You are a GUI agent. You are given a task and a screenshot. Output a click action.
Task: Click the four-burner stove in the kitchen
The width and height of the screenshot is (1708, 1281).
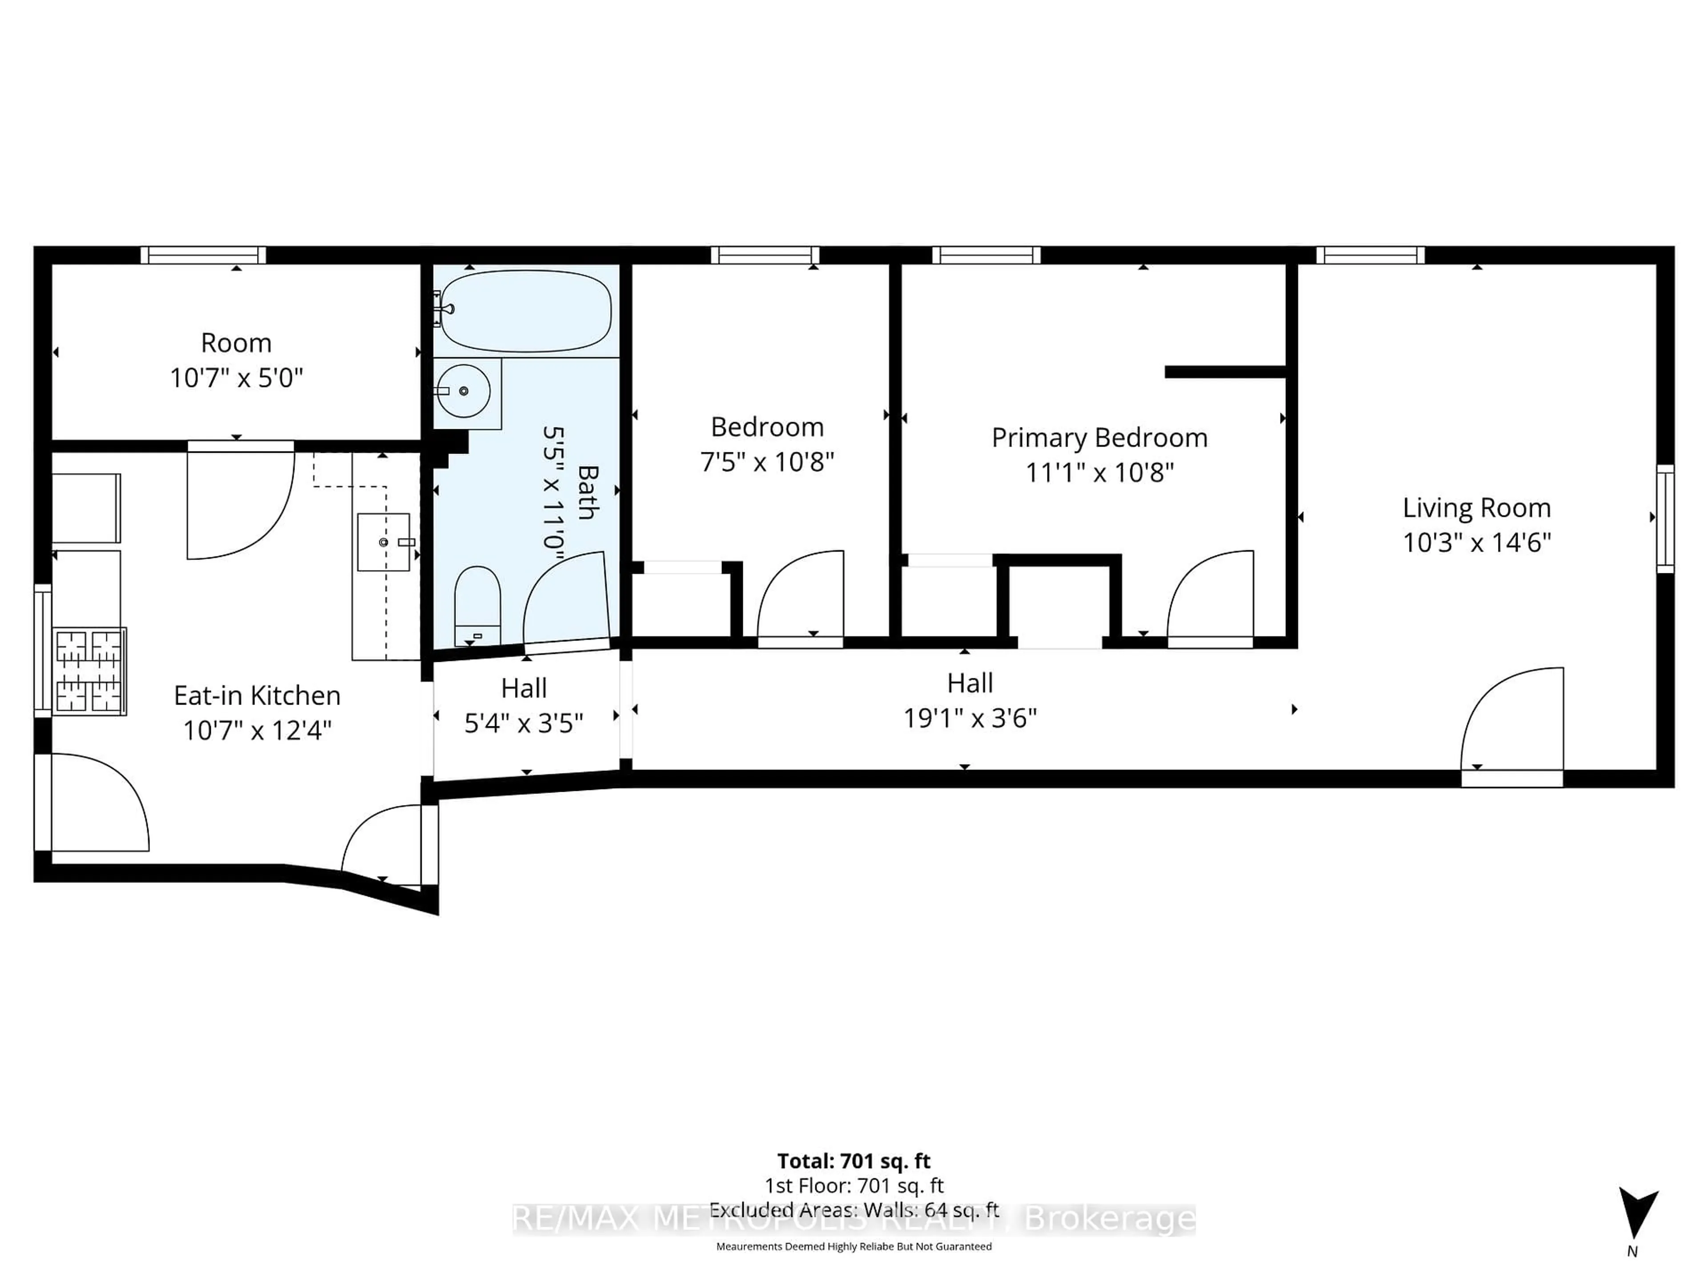[89, 670]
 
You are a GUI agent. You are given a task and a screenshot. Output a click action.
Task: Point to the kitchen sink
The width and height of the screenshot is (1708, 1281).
[384, 542]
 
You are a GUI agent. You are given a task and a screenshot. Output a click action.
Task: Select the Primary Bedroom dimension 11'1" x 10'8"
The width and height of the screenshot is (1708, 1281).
[1100, 472]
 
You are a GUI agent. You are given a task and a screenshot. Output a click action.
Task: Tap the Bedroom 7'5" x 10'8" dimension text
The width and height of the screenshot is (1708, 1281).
[767, 462]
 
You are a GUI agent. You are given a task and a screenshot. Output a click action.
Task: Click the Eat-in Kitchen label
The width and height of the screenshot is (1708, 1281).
[257, 695]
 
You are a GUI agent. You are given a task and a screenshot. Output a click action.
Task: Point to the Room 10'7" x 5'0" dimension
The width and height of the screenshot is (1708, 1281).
[236, 378]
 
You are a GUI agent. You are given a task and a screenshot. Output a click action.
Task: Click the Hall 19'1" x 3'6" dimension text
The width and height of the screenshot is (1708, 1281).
[970, 718]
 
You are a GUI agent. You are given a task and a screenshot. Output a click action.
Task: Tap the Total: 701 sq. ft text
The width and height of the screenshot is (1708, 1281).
[853, 1160]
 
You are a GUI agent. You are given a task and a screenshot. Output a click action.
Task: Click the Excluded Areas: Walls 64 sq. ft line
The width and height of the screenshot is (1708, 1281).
[853, 1210]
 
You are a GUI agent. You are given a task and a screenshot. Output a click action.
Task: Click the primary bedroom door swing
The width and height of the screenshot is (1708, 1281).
[1210, 595]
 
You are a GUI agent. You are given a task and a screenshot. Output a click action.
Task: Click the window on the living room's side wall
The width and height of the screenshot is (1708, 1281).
[1666, 518]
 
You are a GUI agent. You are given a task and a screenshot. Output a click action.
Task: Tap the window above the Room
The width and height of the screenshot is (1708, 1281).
[203, 255]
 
